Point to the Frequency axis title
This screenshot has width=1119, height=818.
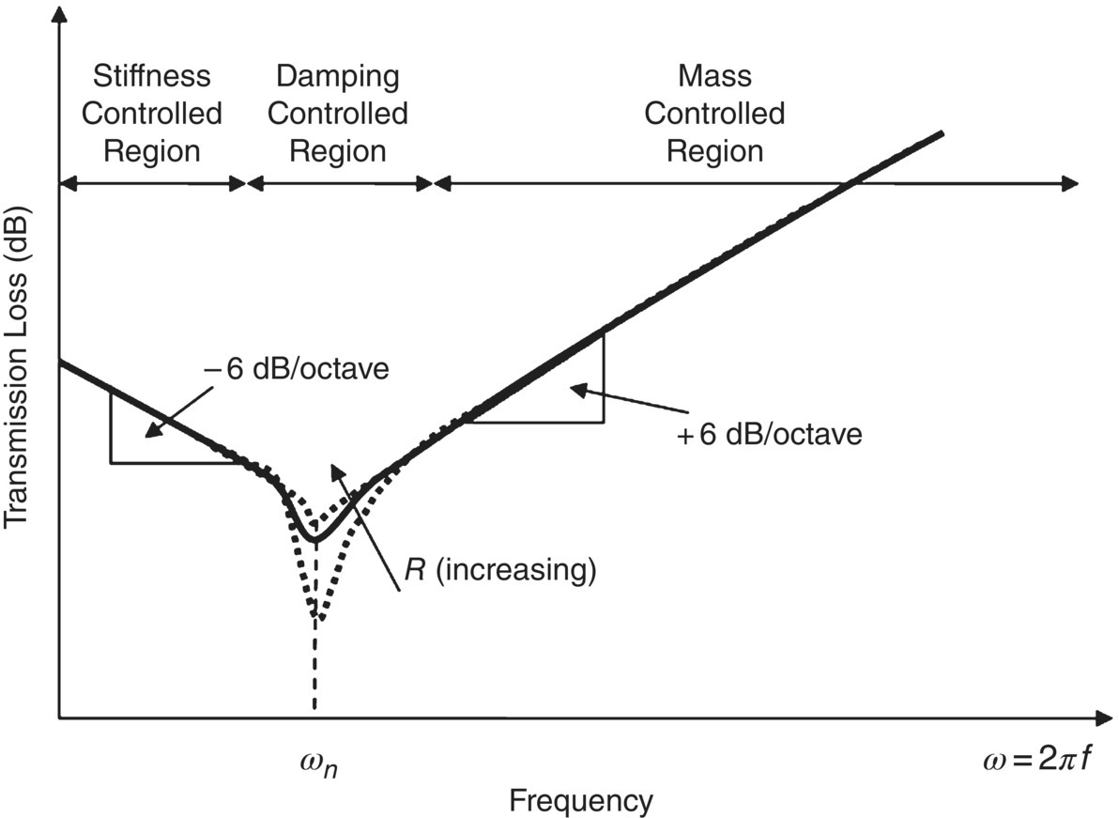[x=580, y=801]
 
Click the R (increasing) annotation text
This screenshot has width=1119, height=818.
[x=499, y=570]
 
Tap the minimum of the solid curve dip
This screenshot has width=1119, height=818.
[x=315, y=539]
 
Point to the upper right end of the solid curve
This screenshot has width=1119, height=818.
[x=941, y=132]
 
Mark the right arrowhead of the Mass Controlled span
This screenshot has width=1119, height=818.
[x=1072, y=183]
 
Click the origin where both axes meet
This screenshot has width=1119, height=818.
[x=59, y=718]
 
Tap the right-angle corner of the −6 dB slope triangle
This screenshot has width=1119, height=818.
[x=111, y=462]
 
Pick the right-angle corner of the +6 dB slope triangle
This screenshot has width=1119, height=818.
[x=604, y=422]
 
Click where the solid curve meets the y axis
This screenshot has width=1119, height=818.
[x=60, y=362]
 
